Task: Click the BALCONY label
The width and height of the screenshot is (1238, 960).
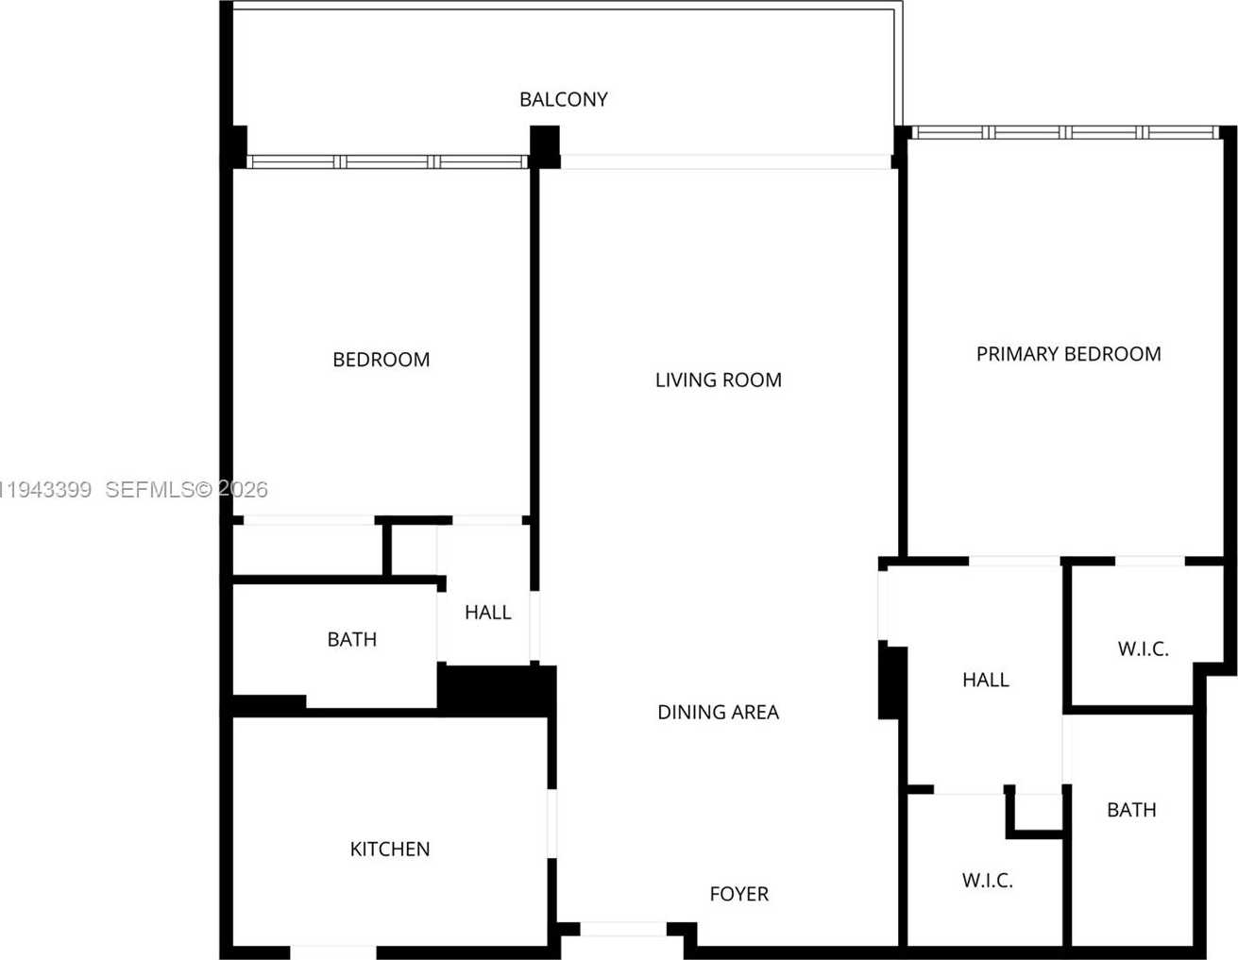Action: pos(563,99)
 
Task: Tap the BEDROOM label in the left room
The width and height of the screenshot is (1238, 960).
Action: pos(381,360)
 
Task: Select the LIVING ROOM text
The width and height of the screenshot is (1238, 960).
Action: pos(718,379)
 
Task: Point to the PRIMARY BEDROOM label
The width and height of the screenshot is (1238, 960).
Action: pos(1068,354)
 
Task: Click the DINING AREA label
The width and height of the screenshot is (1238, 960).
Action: pos(718,712)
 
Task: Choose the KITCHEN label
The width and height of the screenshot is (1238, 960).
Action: pos(389,849)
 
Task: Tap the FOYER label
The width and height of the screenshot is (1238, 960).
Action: pos(738,894)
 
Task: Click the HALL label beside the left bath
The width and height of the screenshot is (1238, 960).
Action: pos(487,613)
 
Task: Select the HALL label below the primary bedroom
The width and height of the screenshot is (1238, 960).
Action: pos(985,680)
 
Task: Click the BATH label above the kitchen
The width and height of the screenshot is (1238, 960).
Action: pos(351,639)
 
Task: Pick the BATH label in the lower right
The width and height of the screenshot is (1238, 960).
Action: pos(1130,810)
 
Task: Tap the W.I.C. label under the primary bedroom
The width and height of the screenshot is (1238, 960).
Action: pos(1143,648)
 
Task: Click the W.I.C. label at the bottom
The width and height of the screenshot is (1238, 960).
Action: pos(987,881)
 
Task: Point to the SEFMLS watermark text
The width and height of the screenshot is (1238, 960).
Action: pos(185,490)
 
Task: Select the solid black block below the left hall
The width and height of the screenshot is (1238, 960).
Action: pos(496,689)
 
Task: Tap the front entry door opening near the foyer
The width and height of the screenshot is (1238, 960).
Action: pos(622,930)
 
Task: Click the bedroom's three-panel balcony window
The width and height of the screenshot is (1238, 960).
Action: pos(387,162)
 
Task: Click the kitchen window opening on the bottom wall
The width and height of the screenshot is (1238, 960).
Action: pos(332,952)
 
